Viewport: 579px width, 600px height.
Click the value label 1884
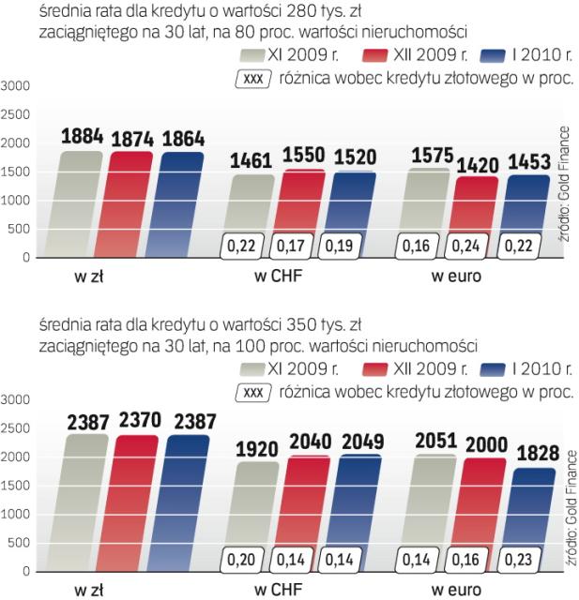pyautogui.click(x=82, y=138)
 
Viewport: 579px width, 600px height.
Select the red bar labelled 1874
pyautogui.click(x=131, y=202)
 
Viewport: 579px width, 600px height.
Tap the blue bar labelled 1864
pyautogui.click(x=182, y=202)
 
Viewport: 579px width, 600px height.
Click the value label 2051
pyautogui.click(x=434, y=442)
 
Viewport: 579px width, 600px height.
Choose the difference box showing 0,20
pyautogui.click(x=243, y=561)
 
